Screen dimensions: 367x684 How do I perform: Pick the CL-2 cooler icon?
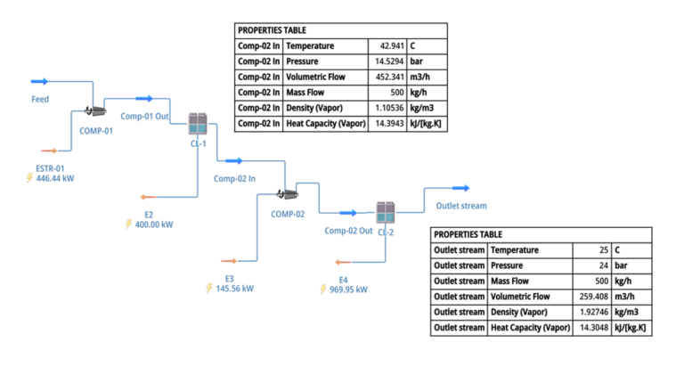click(385, 212)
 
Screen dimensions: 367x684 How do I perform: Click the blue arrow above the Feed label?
click(39, 82)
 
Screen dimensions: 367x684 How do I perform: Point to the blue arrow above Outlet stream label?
click(460, 188)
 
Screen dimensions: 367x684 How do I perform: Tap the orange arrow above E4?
click(341, 262)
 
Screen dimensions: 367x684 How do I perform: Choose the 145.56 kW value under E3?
click(235, 289)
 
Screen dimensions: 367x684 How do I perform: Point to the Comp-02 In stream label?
click(234, 178)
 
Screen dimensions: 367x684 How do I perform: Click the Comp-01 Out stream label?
click(144, 116)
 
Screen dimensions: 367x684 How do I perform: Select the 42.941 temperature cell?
click(390, 45)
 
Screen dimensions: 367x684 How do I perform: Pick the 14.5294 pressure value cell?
click(388, 61)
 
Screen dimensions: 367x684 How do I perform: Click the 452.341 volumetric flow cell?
click(388, 77)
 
